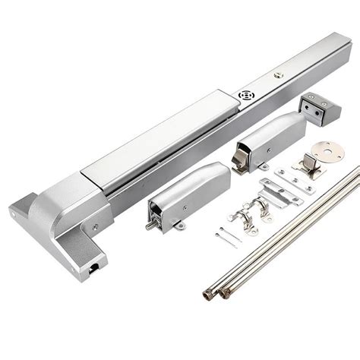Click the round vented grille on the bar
(246, 96)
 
